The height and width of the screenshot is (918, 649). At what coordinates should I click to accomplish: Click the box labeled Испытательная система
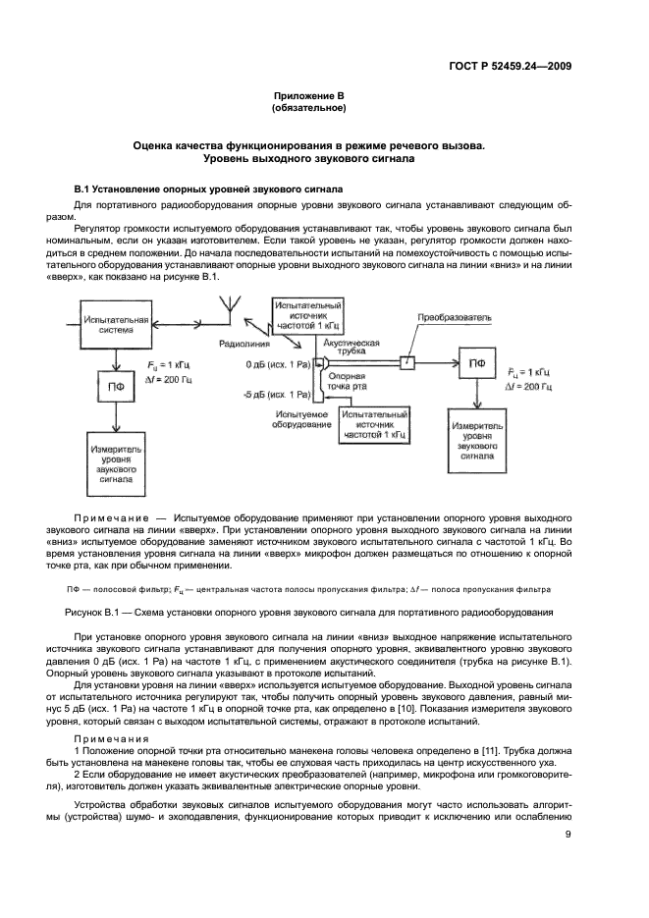116,325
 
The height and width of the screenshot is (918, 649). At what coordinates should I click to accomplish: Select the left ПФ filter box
115,385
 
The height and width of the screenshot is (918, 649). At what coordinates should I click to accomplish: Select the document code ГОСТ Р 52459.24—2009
511,66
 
